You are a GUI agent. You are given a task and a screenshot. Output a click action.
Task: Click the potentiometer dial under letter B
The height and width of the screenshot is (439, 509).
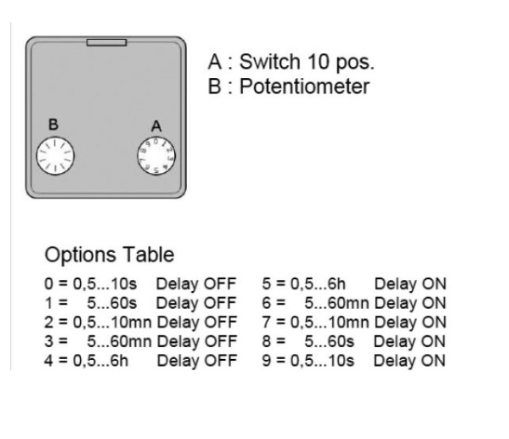click(55, 156)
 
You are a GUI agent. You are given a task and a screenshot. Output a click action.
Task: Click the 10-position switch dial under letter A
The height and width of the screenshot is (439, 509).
click(156, 155)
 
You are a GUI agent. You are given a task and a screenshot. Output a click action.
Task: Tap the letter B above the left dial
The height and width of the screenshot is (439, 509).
click(53, 125)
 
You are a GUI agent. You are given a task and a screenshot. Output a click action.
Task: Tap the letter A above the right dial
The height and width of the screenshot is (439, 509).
click(156, 126)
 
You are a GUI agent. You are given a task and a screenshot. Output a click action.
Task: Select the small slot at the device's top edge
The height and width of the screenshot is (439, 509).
click(106, 42)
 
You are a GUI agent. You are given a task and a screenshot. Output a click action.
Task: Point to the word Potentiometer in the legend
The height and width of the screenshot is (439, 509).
click(304, 86)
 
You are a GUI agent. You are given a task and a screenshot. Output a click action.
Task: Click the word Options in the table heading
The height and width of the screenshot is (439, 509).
click(80, 256)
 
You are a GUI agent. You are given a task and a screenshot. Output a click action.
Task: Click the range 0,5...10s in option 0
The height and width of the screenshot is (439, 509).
click(105, 284)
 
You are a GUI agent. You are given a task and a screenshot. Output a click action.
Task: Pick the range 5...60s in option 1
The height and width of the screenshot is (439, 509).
click(112, 303)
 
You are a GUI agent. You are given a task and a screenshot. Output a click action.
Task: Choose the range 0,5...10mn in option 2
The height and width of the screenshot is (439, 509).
click(113, 322)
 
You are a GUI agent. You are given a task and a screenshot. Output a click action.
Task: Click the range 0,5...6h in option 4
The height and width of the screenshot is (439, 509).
click(100, 361)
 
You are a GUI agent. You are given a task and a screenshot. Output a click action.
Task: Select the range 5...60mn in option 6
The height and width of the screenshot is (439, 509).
click(337, 303)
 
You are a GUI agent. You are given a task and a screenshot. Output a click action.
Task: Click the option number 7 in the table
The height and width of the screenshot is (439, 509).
click(266, 322)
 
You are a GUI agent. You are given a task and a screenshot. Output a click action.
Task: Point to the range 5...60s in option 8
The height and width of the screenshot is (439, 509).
click(329, 341)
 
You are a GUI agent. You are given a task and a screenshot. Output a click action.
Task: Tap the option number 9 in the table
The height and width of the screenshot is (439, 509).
click(266, 361)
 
